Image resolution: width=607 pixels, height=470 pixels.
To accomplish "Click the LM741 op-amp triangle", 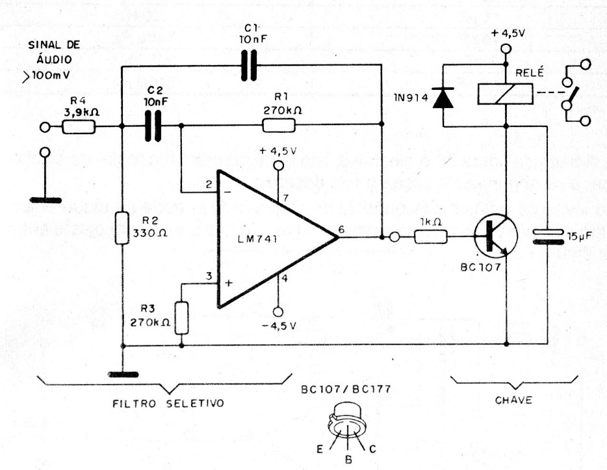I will pos(266,239).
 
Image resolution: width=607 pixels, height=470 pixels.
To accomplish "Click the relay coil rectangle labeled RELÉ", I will pos(505,94).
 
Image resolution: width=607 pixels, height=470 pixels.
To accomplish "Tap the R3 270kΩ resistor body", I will pos(181,318).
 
